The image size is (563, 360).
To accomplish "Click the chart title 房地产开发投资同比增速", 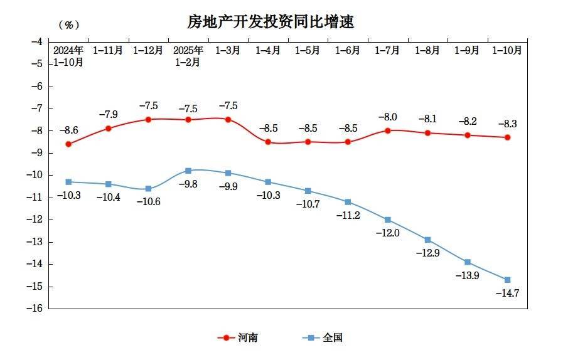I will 271,22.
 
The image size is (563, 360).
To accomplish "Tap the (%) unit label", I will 68,25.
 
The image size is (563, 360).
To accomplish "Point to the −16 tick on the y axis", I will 35,309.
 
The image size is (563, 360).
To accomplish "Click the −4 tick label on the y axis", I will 36,41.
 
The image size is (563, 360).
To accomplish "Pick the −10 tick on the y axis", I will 35,175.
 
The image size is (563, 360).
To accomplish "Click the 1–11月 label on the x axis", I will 108,50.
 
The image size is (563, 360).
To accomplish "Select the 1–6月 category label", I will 347,50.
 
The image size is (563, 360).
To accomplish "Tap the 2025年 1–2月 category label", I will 188,56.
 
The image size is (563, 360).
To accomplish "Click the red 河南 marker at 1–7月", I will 387,130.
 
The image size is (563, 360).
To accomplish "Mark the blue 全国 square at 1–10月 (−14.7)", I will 507,280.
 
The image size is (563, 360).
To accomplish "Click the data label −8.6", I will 68,130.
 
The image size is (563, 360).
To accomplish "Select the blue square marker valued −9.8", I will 188,171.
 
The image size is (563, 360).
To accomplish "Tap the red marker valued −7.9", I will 108,129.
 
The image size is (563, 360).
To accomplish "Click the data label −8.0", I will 387,117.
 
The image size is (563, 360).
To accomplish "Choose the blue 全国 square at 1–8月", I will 427,240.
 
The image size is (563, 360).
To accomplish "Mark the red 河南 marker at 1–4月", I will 268,142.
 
